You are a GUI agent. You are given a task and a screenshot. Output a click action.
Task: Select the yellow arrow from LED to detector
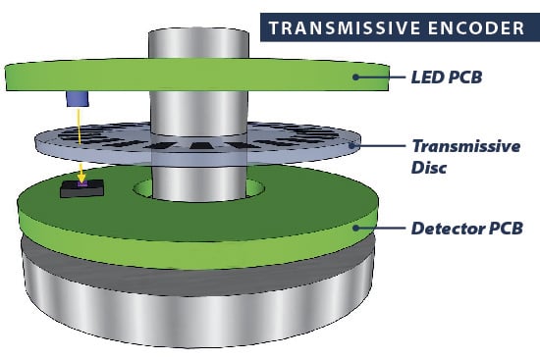click(79, 142)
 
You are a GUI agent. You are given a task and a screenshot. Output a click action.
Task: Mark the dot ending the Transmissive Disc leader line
click(355, 145)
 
